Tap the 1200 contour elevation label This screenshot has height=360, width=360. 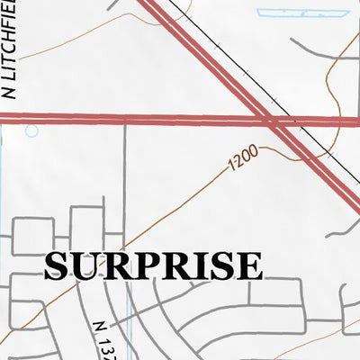(x=244, y=158)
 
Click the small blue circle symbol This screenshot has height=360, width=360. (x=32, y=131)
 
